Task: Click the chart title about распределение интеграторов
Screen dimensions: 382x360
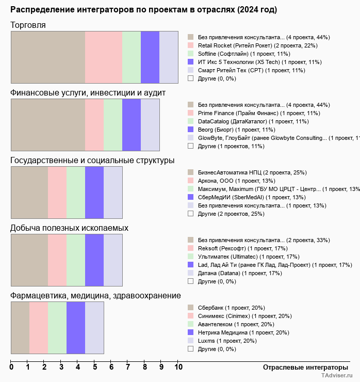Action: click(143, 10)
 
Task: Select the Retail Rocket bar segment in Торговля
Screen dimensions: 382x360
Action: click(104, 57)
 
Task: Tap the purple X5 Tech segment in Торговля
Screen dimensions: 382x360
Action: click(150, 57)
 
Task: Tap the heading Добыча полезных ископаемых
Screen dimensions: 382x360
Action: click(69, 228)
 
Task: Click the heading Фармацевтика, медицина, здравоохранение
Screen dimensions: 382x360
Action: click(95, 296)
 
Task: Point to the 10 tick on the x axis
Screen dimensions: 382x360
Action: click(178, 367)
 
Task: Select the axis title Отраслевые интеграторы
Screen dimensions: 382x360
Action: click(302, 367)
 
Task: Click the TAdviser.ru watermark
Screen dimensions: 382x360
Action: click(337, 376)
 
